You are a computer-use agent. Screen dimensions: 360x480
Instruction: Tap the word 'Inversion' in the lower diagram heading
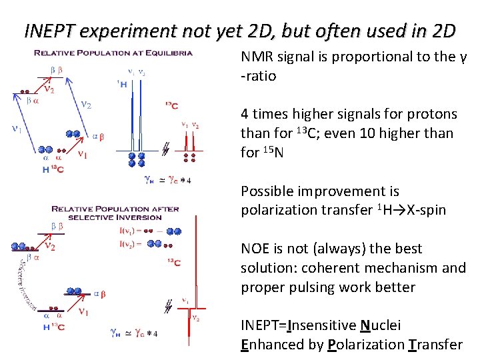(x=142, y=217)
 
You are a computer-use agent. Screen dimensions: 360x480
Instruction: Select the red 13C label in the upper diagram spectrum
(x=171, y=105)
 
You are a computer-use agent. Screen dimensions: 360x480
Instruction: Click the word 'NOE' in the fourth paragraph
(x=255, y=249)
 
